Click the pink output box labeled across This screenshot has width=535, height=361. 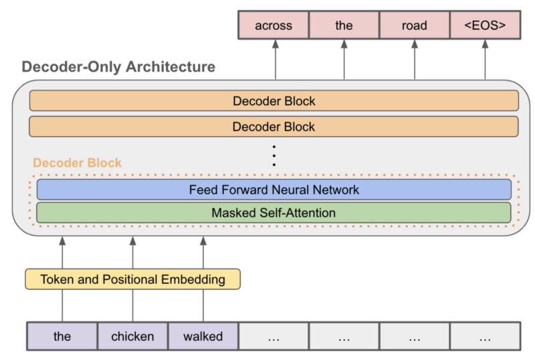pyautogui.click(x=274, y=25)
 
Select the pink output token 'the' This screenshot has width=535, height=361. pyautogui.click(x=344, y=25)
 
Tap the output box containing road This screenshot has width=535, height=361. pyautogui.click(x=414, y=25)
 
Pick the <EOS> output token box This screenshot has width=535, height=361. pyautogui.click(x=484, y=25)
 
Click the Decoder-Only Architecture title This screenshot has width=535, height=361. pyautogui.click(x=118, y=67)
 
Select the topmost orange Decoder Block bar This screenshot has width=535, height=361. pyautogui.click(x=274, y=101)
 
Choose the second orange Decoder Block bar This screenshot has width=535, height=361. pyautogui.click(x=274, y=126)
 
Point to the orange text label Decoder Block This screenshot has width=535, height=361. pyautogui.click(x=78, y=163)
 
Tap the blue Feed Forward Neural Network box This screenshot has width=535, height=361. pyautogui.click(x=274, y=190)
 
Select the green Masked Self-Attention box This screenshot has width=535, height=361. pyautogui.click(x=274, y=213)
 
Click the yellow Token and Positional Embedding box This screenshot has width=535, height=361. pyautogui.click(x=132, y=279)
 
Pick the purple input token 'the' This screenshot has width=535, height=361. pyautogui.click(x=62, y=336)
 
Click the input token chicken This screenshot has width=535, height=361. pyautogui.click(x=132, y=336)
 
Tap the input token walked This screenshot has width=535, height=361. pyautogui.click(x=203, y=336)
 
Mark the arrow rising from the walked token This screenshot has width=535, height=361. pyautogui.click(x=203, y=251)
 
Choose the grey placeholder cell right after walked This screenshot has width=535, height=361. pyautogui.click(x=274, y=336)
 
